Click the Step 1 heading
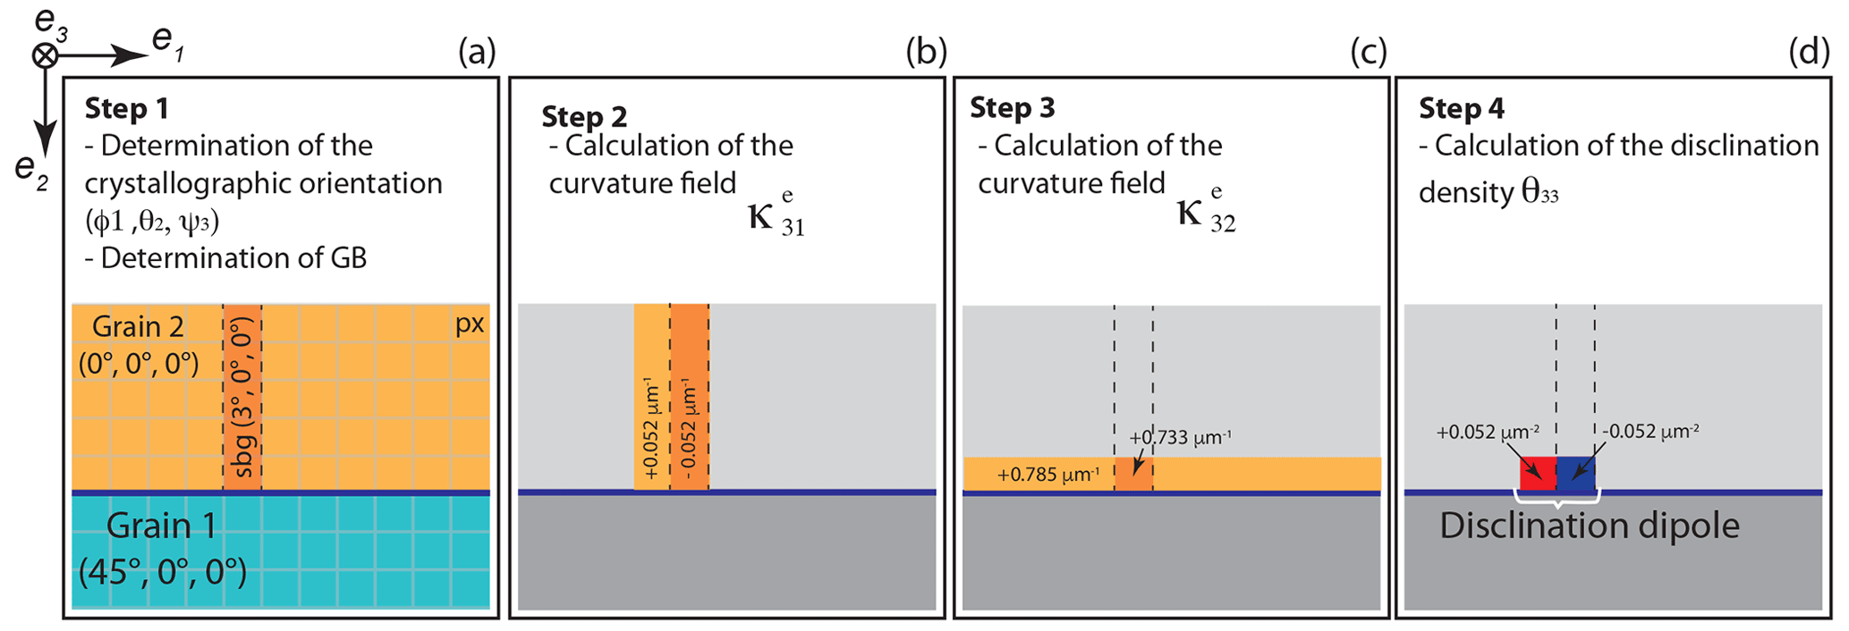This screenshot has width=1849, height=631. coord(126,108)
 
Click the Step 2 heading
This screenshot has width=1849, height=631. coord(583,117)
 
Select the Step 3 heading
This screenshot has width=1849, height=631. coord(1012,108)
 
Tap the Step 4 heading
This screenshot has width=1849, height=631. coord(1461,108)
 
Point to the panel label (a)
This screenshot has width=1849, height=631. coord(476,53)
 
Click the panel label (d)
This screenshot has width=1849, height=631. coord(1809,53)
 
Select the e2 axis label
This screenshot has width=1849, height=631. coord(31,169)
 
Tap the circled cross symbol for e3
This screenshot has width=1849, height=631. coord(45,55)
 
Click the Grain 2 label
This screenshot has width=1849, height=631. coord(138,327)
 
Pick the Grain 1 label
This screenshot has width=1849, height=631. coord(161,526)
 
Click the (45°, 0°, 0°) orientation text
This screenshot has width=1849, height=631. coord(162,571)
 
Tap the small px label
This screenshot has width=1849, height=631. coord(470,324)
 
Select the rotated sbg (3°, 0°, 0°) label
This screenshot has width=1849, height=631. coord(242,397)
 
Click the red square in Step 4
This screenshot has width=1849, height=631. coord(1538,473)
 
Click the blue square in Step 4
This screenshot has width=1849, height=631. coord(1575,473)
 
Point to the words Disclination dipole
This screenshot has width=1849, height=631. coord(1589,526)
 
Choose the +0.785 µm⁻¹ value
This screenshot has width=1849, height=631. coord(1047,475)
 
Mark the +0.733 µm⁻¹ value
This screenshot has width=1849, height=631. coord(1179,438)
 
